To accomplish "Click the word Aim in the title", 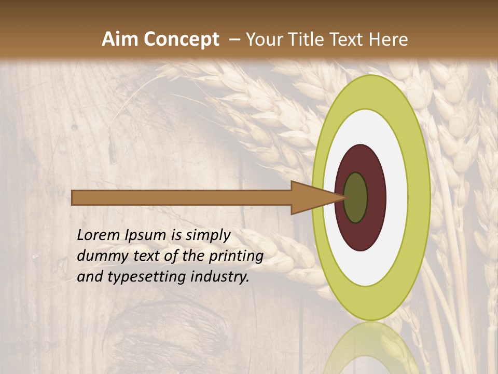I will coord(120,39).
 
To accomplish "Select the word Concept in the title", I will coord(182,39).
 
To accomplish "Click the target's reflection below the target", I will coord(371,348).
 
